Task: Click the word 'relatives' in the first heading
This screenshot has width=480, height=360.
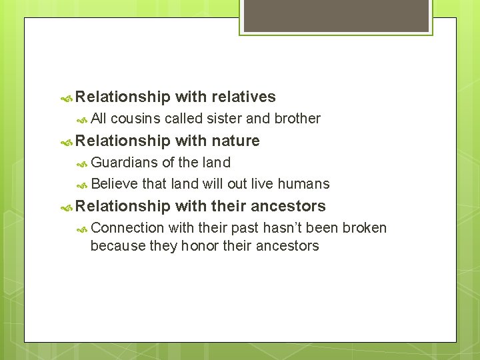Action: [243, 97]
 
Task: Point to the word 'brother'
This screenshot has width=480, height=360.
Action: [297, 119]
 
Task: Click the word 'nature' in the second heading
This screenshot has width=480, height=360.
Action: [235, 141]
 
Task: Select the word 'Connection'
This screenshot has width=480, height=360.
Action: [127, 228]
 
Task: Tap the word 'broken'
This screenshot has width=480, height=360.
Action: [364, 228]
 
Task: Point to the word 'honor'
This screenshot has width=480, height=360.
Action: [199, 246]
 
